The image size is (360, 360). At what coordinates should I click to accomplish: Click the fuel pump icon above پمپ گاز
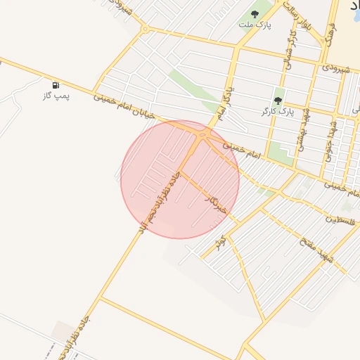(x=56, y=85)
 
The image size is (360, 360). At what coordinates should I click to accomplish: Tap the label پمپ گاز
(x=56, y=96)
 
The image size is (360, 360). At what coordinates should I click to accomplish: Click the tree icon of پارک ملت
(x=255, y=14)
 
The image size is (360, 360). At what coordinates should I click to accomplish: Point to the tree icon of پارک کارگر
(x=279, y=101)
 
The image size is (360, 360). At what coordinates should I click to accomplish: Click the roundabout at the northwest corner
(x=144, y=30)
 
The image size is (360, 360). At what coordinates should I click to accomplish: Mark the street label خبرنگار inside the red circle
(x=216, y=205)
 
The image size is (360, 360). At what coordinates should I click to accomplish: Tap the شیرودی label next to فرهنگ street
(x=335, y=68)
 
